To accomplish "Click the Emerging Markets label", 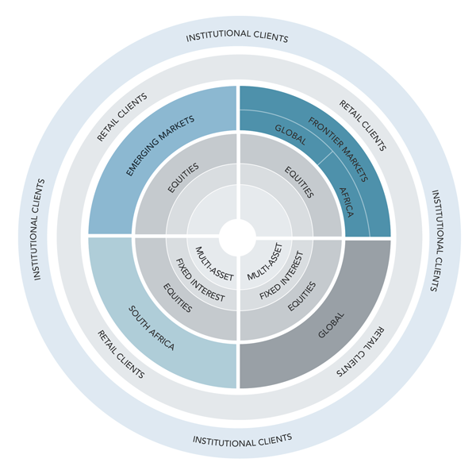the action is click(160, 145).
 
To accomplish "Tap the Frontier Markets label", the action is click(338, 149).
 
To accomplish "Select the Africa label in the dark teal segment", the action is click(346, 202).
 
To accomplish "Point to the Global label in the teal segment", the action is click(290, 135).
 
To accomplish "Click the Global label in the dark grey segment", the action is click(331, 325).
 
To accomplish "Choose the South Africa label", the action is click(152, 328).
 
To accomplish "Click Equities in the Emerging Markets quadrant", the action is click(183, 177).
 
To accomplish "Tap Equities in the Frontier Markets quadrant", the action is click(299, 182).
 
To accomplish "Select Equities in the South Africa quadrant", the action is click(178, 298).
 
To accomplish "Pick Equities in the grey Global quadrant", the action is click(301, 296).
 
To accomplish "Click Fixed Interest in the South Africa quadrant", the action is click(201, 279).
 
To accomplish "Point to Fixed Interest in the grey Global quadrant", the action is click(282, 276).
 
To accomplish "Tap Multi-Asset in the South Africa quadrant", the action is click(214, 264).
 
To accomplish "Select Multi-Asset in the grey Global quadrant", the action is click(265, 261).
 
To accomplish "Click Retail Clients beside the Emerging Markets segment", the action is click(122, 117).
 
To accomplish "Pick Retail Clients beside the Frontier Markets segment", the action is click(363, 125).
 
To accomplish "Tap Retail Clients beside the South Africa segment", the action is click(121, 354).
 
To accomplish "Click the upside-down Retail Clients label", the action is click(360, 352).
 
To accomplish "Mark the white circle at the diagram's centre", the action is click(237, 237).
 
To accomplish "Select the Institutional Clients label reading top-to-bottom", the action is click(436, 241).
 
